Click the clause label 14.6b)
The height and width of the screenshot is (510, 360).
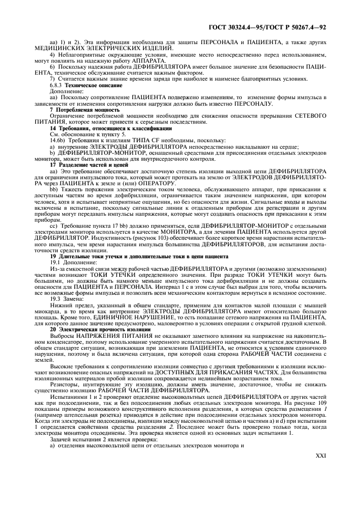click(58, 139)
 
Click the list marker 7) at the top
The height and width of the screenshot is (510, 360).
click(52, 79)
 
